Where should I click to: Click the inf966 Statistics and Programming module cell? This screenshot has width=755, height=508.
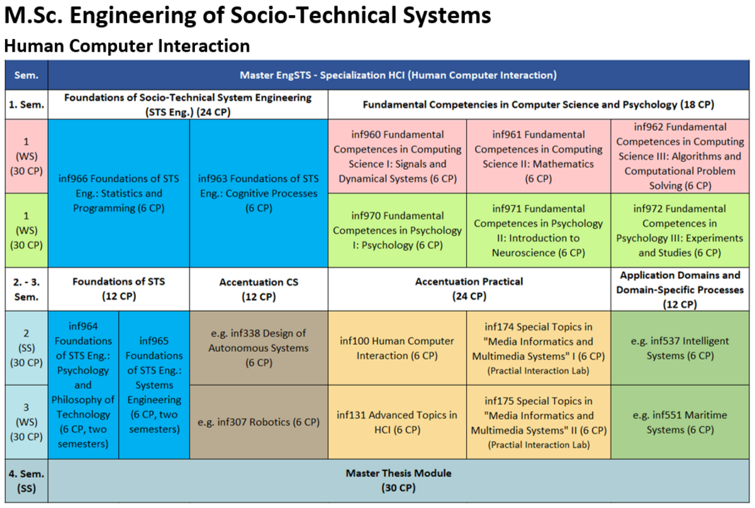click(119, 193)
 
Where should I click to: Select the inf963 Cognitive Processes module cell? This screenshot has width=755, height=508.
click(259, 193)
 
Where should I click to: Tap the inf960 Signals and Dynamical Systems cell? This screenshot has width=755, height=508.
click(397, 157)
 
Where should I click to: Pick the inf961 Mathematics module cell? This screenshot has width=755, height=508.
click(539, 157)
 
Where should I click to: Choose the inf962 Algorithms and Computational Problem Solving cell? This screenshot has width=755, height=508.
click(680, 157)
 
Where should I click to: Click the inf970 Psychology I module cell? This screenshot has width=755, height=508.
click(397, 230)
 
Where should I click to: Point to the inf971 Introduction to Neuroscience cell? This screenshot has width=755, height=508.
click(539, 230)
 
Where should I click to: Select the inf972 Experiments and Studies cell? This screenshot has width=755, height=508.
click(680, 230)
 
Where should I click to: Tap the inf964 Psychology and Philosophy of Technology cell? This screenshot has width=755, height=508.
click(83, 385)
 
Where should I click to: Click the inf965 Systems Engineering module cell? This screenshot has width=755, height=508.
click(154, 385)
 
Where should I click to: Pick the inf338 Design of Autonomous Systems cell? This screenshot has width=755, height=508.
click(259, 347)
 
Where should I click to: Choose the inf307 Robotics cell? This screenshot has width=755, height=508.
click(259, 422)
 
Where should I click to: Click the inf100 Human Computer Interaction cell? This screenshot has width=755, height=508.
click(397, 347)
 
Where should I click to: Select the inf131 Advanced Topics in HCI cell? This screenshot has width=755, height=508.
click(397, 422)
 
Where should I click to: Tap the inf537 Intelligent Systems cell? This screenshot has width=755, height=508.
click(680, 347)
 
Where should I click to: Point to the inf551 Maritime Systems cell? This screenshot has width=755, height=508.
click(680, 422)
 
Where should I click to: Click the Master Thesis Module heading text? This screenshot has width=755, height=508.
click(398, 473)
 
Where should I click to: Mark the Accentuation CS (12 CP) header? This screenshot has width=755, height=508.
click(259, 289)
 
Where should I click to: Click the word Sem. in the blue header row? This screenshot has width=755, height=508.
click(26, 75)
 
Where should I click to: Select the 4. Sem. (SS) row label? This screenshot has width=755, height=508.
click(26, 481)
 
